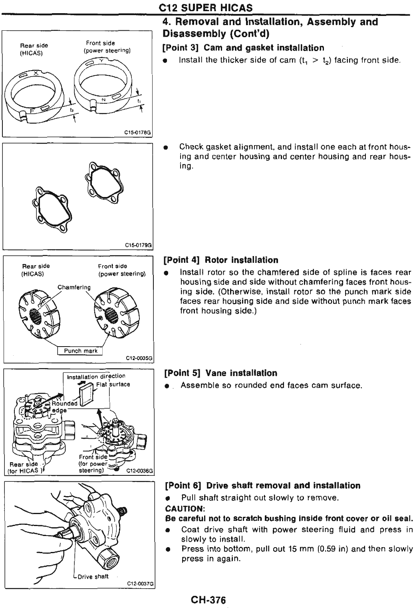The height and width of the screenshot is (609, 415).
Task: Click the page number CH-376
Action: click(x=208, y=600)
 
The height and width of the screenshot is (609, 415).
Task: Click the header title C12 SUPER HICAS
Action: click(x=206, y=8)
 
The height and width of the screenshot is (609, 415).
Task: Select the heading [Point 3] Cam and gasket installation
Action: click(x=243, y=48)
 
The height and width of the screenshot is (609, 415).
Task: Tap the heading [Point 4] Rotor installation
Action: click(x=221, y=260)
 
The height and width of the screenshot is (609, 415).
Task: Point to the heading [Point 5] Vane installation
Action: click(x=220, y=373)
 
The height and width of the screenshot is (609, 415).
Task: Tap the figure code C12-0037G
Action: click(x=140, y=584)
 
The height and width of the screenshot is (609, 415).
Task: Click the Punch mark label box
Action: click(x=80, y=351)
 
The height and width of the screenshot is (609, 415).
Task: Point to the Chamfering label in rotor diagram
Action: click(x=74, y=287)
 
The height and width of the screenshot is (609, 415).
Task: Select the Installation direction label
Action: click(x=96, y=376)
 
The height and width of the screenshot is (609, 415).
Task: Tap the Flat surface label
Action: click(x=113, y=384)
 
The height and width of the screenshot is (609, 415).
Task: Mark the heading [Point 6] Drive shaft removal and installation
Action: click(x=262, y=486)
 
